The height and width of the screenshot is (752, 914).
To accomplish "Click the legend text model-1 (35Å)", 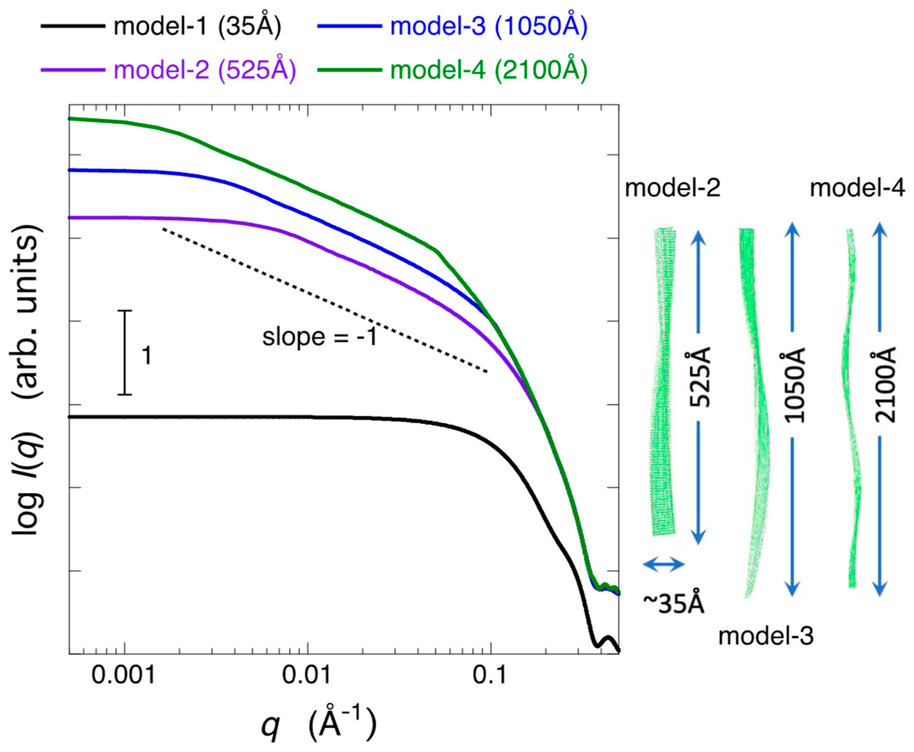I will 197,27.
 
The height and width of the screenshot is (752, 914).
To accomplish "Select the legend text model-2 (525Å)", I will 205,69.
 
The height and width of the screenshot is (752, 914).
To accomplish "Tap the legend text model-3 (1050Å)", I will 489,27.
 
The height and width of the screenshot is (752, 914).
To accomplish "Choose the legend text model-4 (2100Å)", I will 489,69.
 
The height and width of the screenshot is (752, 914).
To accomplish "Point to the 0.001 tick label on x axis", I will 124,676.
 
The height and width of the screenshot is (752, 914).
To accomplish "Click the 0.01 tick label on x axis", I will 307,676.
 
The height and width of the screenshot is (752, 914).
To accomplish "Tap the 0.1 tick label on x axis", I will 490,676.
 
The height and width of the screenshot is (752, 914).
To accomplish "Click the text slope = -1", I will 320,337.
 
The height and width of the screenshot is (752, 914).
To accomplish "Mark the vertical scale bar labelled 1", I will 125,352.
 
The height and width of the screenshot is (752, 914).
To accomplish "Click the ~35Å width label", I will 674,603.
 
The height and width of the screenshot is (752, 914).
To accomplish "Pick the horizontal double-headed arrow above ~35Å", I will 663,564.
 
